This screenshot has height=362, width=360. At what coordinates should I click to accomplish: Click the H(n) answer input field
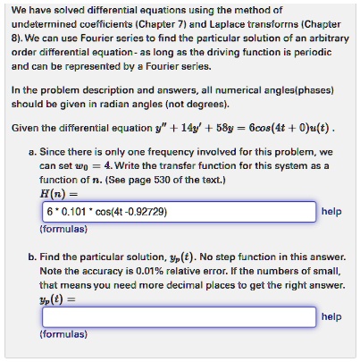click(179, 213)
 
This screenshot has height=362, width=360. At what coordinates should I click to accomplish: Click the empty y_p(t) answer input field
click(179, 317)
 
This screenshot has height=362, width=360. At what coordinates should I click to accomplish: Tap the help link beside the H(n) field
click(331, 212)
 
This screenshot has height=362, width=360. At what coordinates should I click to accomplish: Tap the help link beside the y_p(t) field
click(331, 317)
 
